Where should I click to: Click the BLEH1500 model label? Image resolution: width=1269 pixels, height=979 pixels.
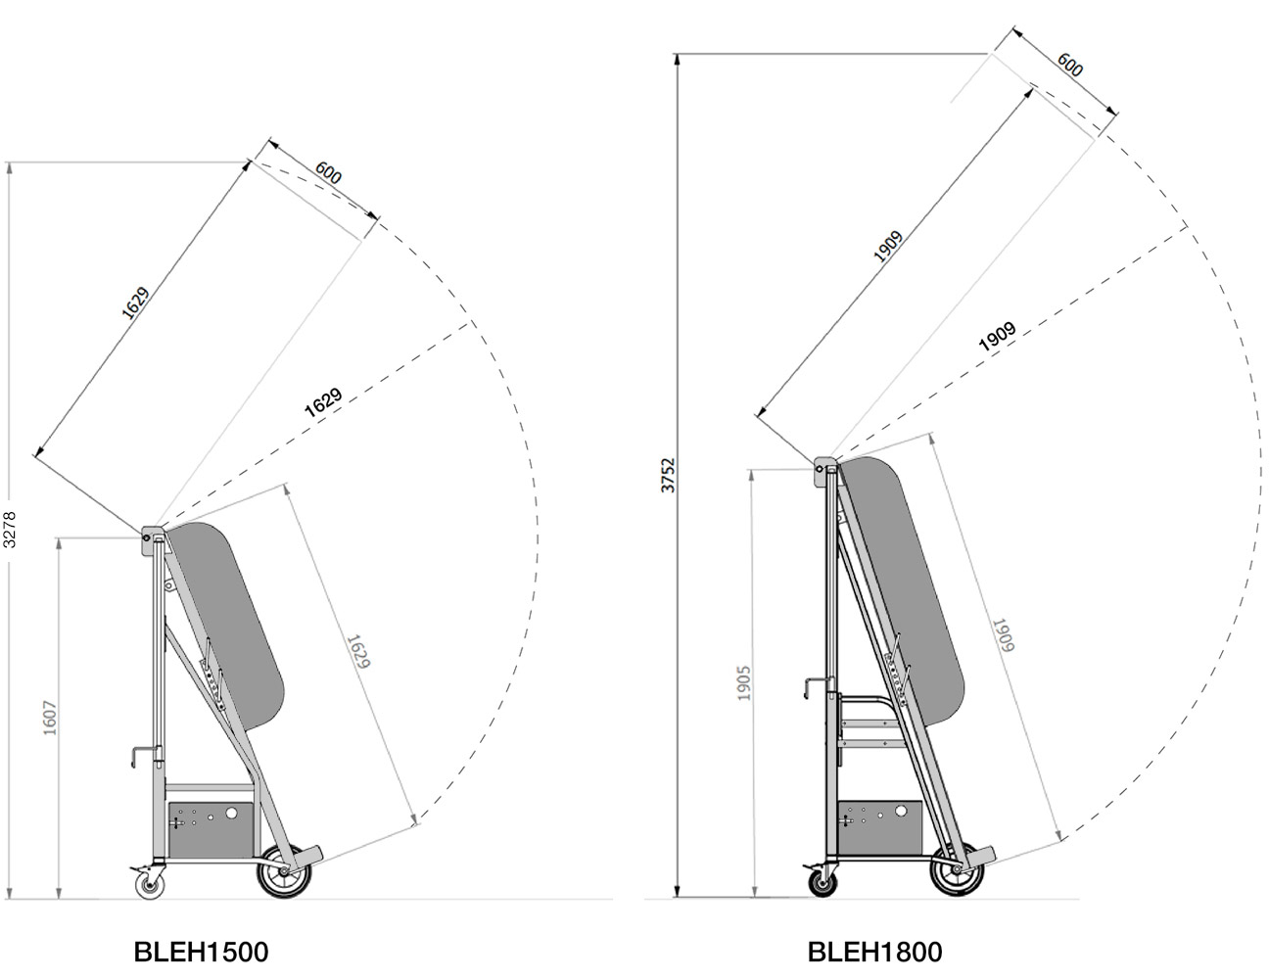200,952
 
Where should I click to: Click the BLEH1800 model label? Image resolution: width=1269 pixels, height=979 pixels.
874,952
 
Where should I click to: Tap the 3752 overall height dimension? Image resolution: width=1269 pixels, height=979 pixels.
670,476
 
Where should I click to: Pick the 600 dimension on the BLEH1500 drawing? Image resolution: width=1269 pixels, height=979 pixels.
329,174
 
